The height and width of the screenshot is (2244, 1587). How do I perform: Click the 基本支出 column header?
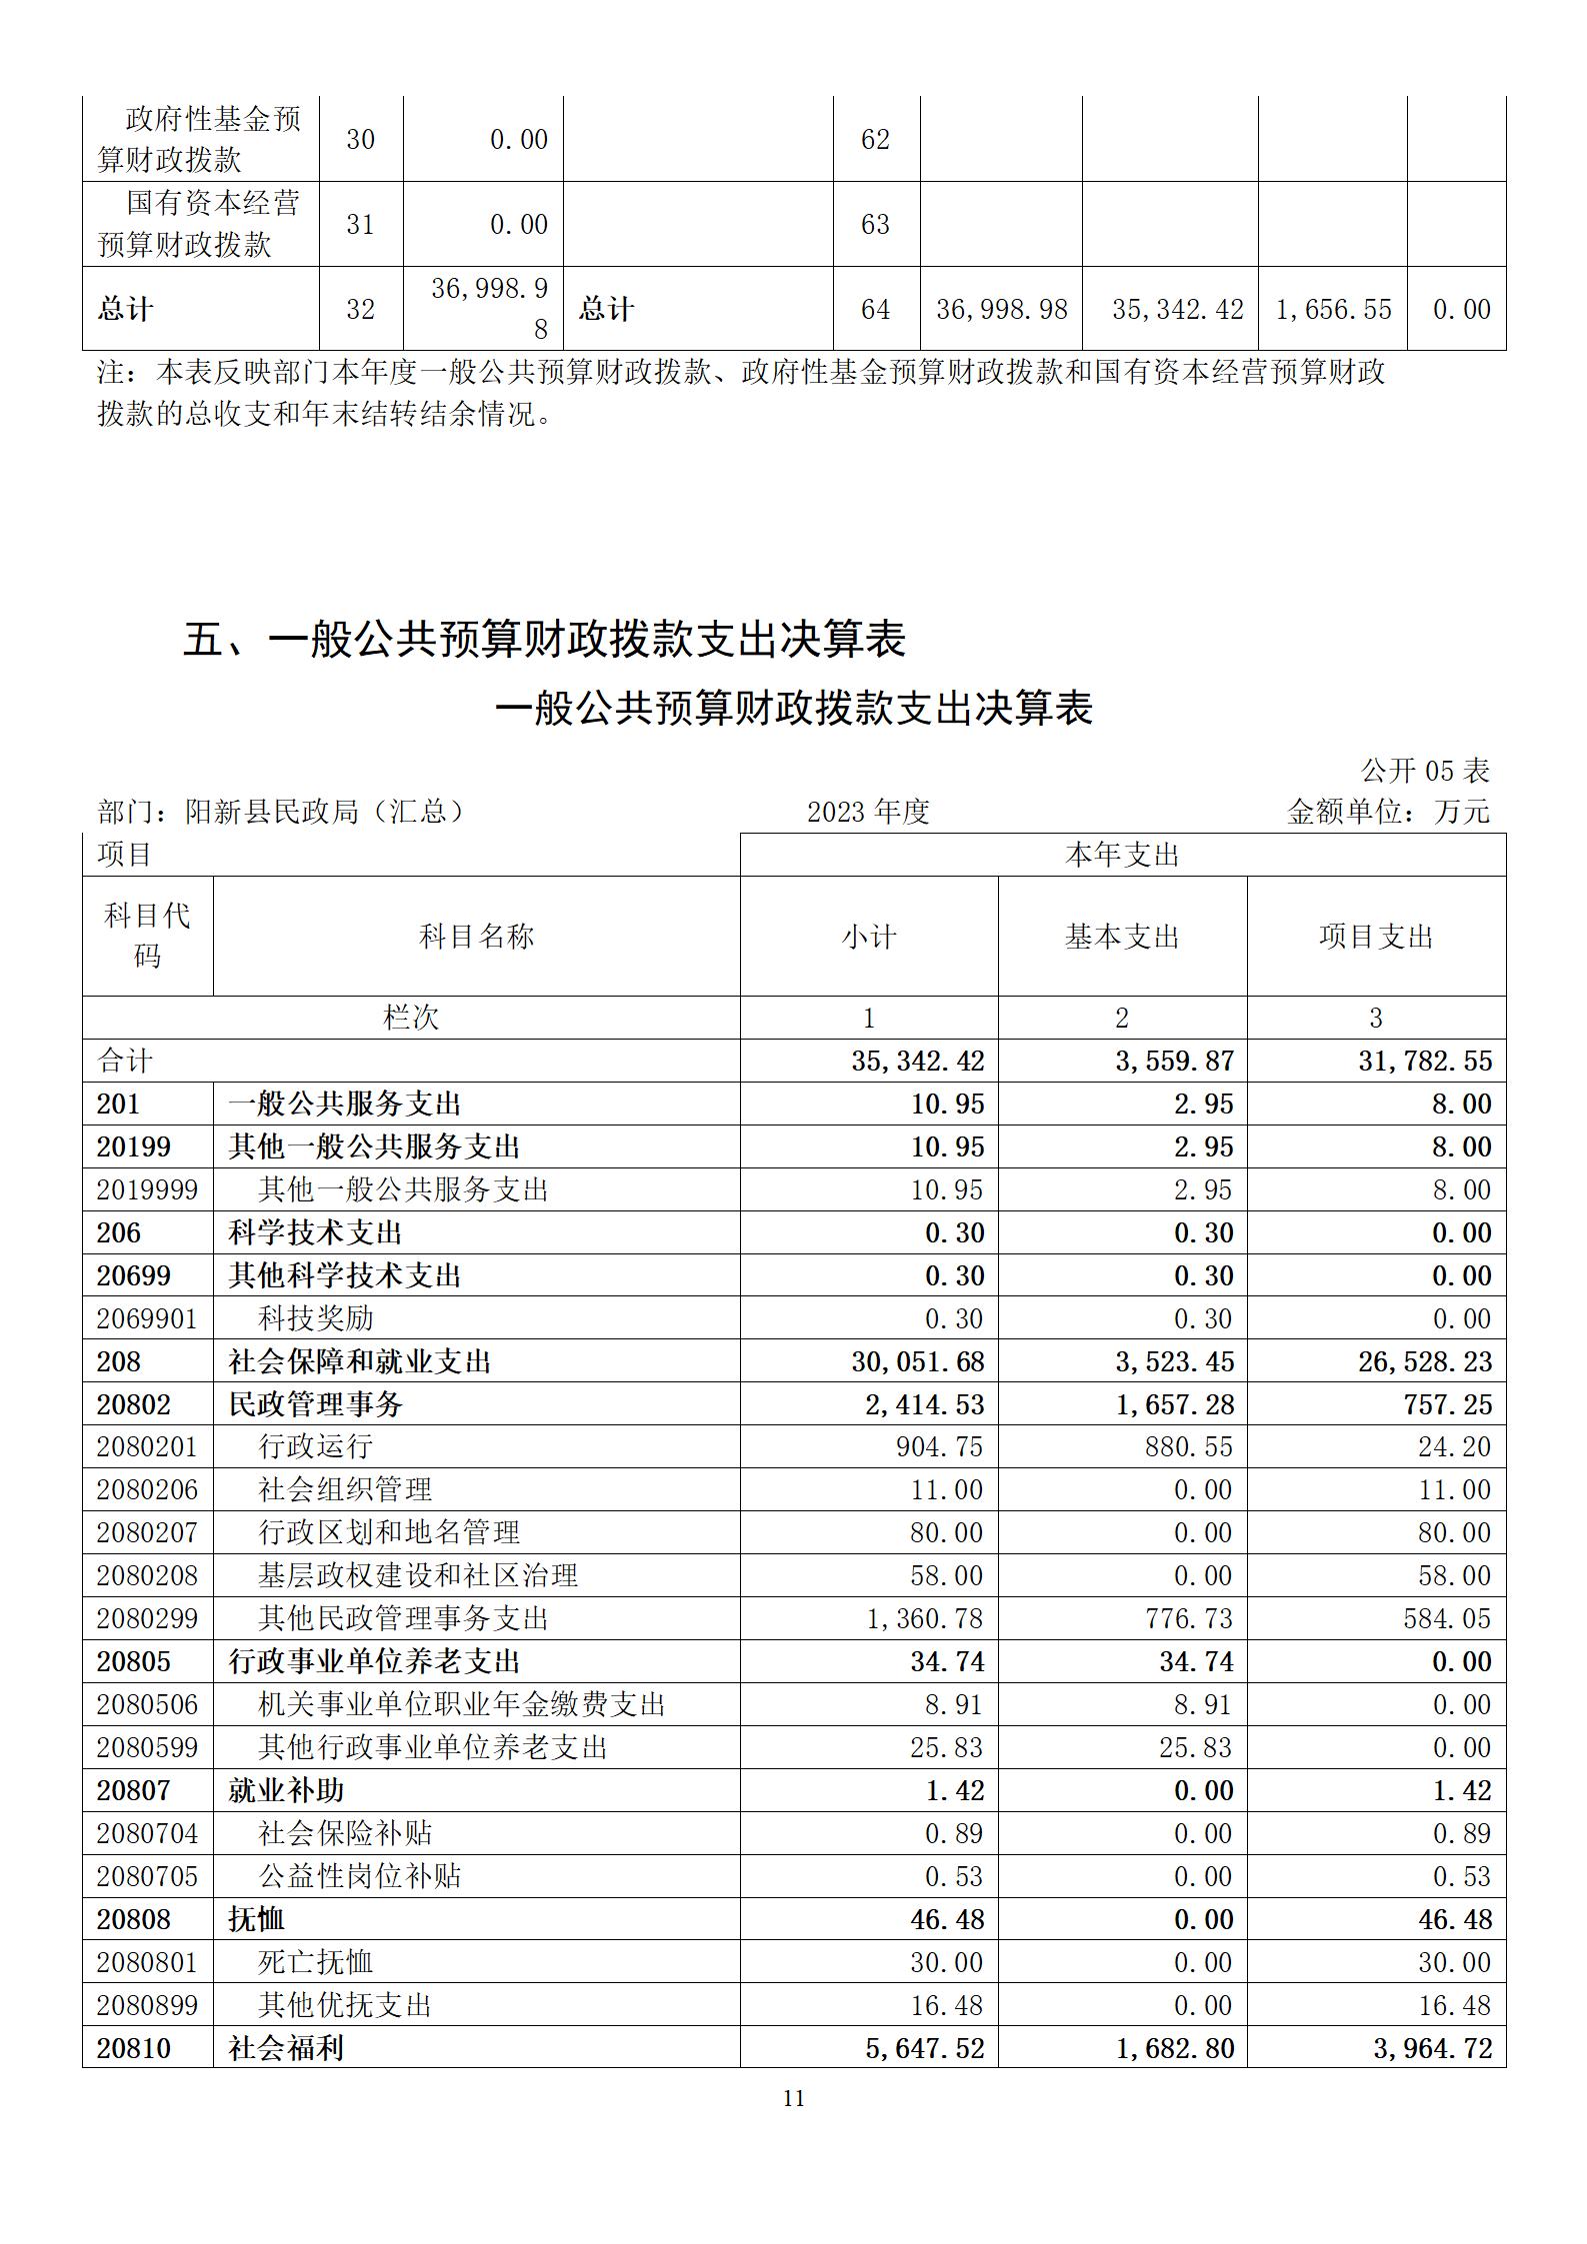(x=1122, y=937)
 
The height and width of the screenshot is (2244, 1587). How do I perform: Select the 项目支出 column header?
(x=1376, y=937)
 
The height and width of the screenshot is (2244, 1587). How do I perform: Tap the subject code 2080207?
(x=147, y=1532)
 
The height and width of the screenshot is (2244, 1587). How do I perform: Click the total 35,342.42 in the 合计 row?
(x=917, y=1061)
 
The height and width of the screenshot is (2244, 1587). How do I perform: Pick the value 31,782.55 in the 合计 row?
(x=1424, y=1061)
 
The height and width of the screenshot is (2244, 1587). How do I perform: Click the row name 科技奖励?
(x=316, y=1318)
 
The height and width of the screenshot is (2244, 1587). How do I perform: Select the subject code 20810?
(x=133, y=2048)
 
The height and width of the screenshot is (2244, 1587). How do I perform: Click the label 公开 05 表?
(x=1424, y=771)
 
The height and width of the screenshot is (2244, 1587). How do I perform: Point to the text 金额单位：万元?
(x=1388, y=812)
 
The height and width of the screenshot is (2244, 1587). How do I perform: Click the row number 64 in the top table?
(x=875, y=309)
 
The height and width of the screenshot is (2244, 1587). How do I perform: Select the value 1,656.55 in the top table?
(x=1333, y=309)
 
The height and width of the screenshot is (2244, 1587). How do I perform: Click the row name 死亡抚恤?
(x=316, y=1962)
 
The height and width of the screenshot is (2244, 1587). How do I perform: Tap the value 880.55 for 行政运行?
(x=1189, y=1446)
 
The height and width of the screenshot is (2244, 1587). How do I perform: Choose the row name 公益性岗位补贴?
(x=360, y=1876)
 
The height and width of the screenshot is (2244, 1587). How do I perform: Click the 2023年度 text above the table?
(x=868, y=812)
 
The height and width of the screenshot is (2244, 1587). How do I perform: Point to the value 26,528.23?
(x=1424, y=1361)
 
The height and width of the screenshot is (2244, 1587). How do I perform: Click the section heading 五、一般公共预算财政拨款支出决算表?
(x=544, y=640)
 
